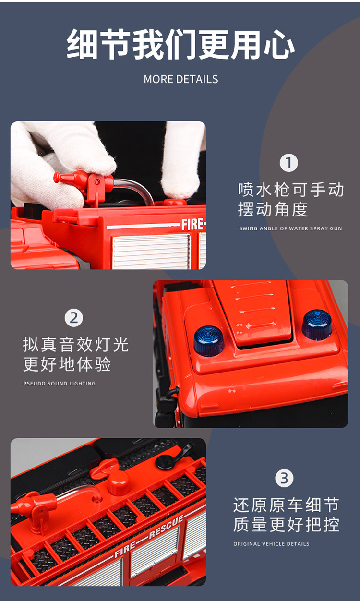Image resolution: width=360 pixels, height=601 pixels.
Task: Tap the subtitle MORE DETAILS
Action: coord(180,79)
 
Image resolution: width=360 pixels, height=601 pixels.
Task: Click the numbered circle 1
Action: coord(288,163)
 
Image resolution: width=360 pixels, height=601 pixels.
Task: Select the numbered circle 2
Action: coord(73,318)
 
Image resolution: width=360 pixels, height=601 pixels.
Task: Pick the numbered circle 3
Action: coord(284,478)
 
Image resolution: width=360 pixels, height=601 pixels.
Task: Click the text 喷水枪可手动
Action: coord(291,190)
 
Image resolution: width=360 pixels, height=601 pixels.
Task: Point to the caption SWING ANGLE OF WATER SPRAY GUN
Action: coord(290,228)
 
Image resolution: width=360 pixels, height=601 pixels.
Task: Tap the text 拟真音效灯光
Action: coord(76,345)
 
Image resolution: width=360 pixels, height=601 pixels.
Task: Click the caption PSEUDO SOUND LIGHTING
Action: coord(59,384)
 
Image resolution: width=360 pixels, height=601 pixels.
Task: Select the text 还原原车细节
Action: coord(286,505)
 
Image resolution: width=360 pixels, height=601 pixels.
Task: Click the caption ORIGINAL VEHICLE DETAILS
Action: coord(271,544)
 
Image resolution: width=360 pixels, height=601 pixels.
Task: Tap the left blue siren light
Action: coord(209,340)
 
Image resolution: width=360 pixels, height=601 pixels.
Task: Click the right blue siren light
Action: coord(317,325)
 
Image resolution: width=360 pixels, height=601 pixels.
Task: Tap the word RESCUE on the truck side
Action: coord(166,527)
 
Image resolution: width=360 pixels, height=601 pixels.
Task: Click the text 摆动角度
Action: coord(273,209)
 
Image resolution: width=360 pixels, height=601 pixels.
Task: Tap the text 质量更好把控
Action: coord(286,525)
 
